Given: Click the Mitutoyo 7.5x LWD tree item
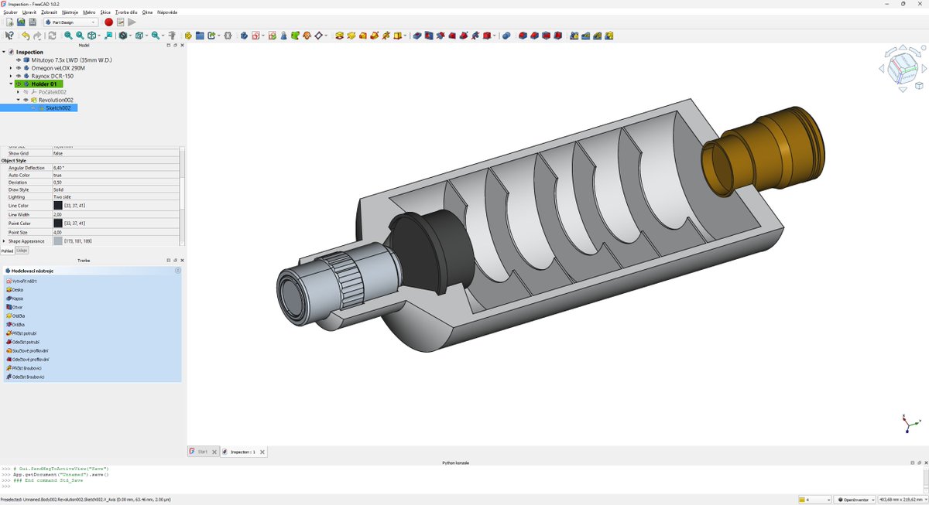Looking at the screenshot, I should click(71, 60).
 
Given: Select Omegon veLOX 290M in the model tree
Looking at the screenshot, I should click(58, 68).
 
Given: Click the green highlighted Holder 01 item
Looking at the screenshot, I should click(43, 84).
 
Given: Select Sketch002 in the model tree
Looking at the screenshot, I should click(58, 107).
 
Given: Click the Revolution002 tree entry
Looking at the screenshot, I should click(56, 100).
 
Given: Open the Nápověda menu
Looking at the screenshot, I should click(166, 12).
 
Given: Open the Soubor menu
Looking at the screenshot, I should click(10, 12).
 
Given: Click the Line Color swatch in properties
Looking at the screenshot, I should click(58, 206).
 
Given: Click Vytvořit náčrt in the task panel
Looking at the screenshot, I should click(24, 281).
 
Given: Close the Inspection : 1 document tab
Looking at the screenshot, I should click(262, 452).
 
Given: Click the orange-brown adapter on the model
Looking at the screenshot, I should click(763, 155).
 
